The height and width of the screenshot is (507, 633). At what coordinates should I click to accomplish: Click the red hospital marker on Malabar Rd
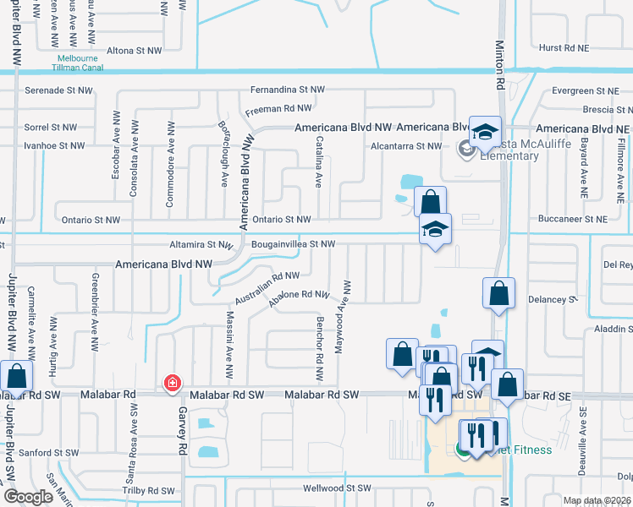pyautogui.click(x=173, y=384)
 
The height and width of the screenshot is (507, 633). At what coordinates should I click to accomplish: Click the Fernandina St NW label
pyautogui.click(x=287, y=90)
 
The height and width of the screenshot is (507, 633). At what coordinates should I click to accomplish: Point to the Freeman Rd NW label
pyautogui.click(x=278, y=109)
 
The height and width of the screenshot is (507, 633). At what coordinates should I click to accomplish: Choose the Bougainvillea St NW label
pyautogui.click(x=293, y=244)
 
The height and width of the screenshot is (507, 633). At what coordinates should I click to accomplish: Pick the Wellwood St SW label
pyautogui.click(x=338, y=488)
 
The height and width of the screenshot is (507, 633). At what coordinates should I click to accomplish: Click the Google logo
pyautogui.click(x=28, y=497)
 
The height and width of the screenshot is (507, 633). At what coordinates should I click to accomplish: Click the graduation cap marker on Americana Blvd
pyautogui.click(x=486, y=131)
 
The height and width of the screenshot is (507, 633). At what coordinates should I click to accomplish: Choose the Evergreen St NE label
pyautogui.click(x=585, y=90)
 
